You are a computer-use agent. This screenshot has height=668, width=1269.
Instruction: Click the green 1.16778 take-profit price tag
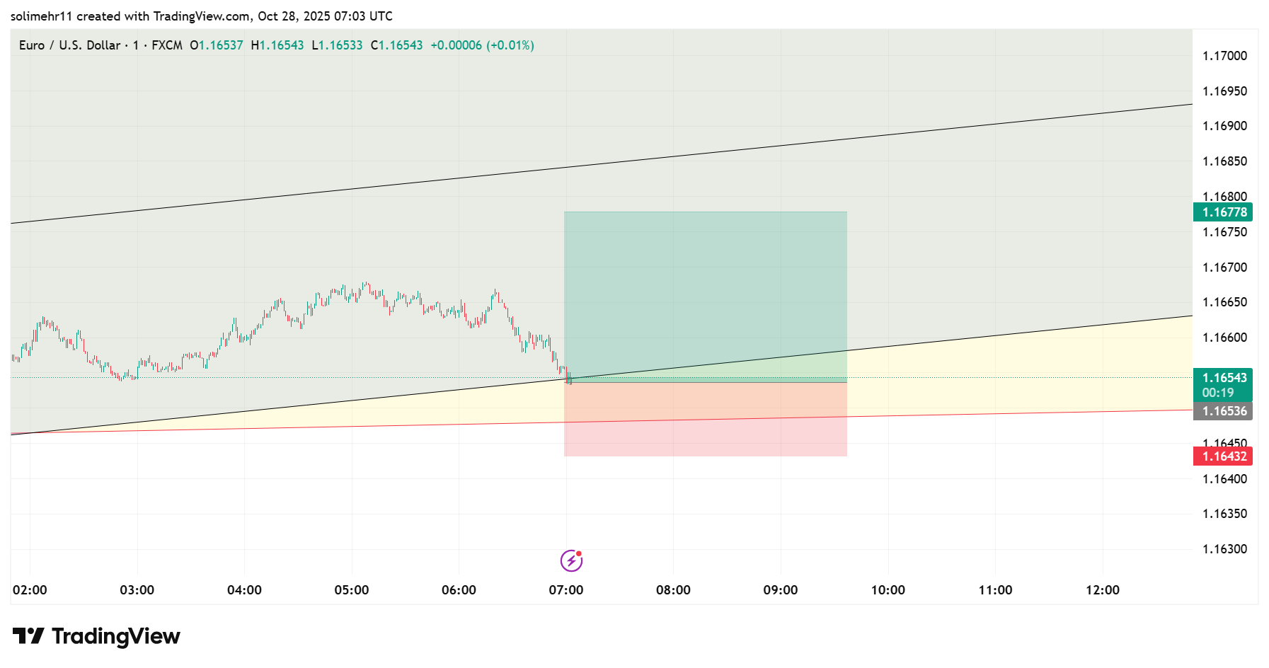[1223, 212]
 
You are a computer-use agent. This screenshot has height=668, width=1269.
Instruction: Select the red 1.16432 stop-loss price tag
[1223, 456]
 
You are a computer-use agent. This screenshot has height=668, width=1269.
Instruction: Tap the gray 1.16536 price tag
[1223, 411]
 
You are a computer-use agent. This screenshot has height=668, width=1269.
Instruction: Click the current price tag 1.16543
[1223, 378]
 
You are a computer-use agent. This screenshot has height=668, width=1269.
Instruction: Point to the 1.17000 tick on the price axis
[1224, 56]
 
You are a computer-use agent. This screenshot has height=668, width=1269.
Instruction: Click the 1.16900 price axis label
[1224, 126]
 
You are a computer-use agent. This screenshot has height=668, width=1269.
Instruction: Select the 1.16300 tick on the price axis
[1224, 549]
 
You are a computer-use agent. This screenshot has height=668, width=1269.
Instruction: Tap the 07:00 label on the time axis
[566, 590]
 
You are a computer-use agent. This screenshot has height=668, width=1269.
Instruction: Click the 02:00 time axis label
[30, 590]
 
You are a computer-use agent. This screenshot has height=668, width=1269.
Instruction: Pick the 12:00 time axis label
[1103, 590]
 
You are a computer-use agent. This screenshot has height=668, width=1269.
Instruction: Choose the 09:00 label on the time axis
[781, 590]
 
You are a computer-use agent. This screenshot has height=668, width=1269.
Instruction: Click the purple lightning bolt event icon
[571, 561]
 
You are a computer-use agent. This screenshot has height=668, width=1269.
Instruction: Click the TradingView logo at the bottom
[97, 636]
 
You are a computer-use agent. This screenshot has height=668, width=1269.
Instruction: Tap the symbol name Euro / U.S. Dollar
[69, 45]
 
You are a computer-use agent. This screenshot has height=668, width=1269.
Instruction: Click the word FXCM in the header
[167, 45]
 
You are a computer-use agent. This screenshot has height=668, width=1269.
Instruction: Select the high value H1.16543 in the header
[277, 45]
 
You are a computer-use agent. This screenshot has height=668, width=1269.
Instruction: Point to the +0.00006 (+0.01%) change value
[482, 45]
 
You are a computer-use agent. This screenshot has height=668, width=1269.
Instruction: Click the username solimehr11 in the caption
[41, 16]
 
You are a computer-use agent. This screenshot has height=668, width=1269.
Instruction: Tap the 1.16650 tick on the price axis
[1224, 302]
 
